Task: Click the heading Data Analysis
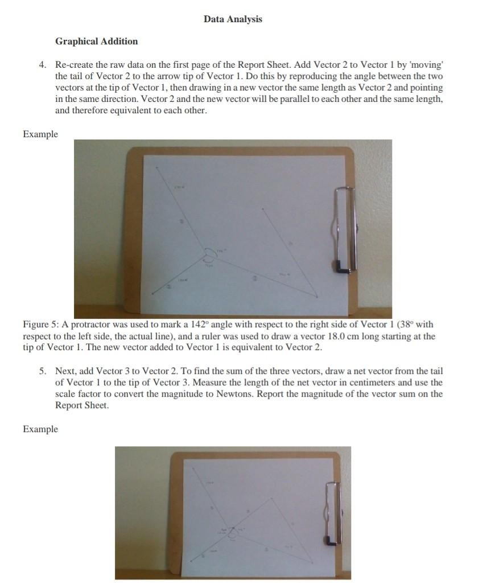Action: (x=233, y=19)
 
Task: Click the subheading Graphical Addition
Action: (x=96, y=42)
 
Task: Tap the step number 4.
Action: (x=43, y=65)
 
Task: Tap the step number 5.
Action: (x=43, y=371)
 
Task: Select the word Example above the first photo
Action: (x=40, y=134)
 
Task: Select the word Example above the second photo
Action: (x=40, y=429)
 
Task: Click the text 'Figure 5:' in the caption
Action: (x=40, y=324)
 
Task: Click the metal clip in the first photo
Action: (x=343, y=228)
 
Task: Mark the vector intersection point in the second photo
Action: (x=231, y=529)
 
